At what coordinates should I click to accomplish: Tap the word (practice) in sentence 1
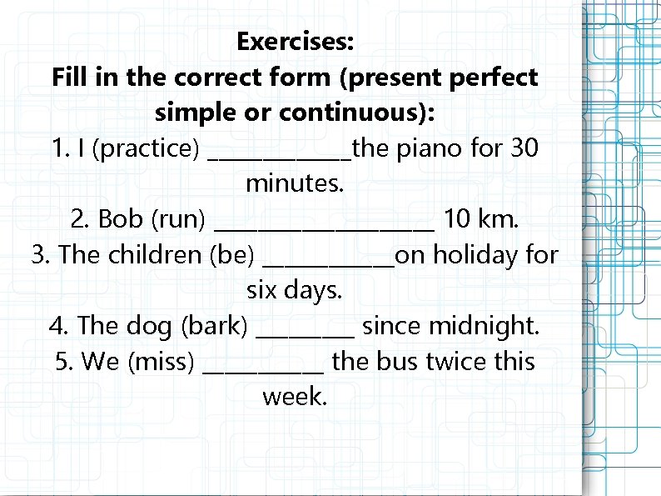(x=146, y=149)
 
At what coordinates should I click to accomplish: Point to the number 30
(x=524, y=148)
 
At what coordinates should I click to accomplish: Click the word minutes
(x=295, y=183)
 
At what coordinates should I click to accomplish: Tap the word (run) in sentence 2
(x=177, y=220)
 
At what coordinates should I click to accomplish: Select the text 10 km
(x=481, y=219)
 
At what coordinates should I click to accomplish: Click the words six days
(x=295, y=290)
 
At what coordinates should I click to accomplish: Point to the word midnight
(x=487, y=326)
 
